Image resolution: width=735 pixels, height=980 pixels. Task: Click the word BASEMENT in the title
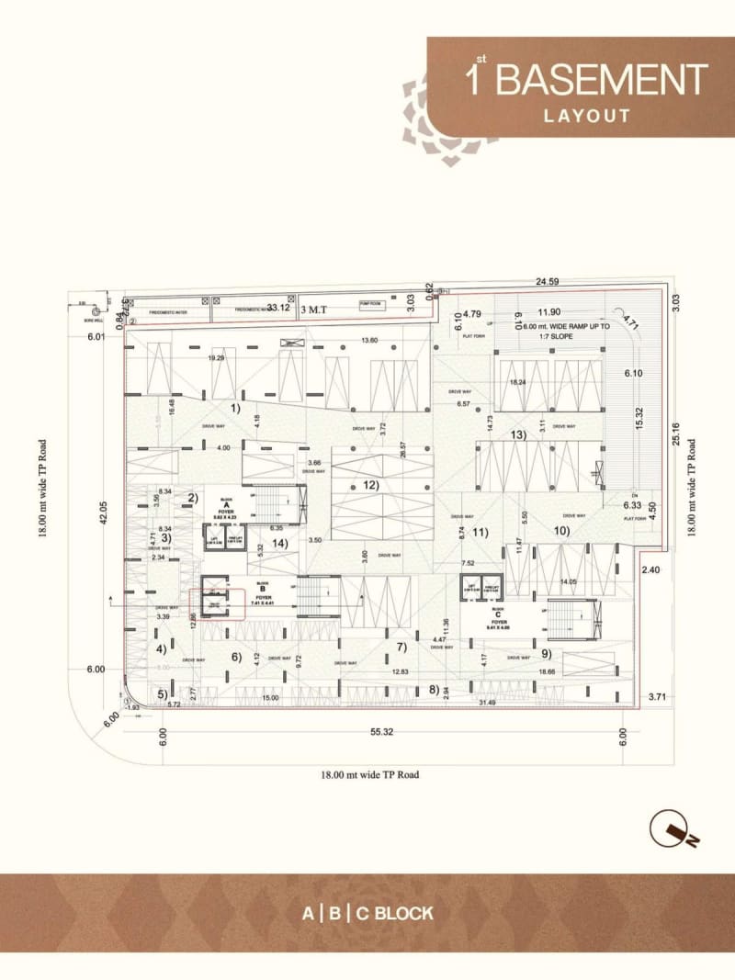602,80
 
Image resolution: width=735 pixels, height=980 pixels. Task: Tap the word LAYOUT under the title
586,116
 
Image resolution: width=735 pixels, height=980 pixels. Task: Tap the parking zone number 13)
518,434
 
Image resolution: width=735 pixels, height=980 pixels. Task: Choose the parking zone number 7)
401,647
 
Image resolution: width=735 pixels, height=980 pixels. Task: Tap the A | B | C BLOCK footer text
367,914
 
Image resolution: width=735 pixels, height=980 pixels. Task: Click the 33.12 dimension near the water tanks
278,308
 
